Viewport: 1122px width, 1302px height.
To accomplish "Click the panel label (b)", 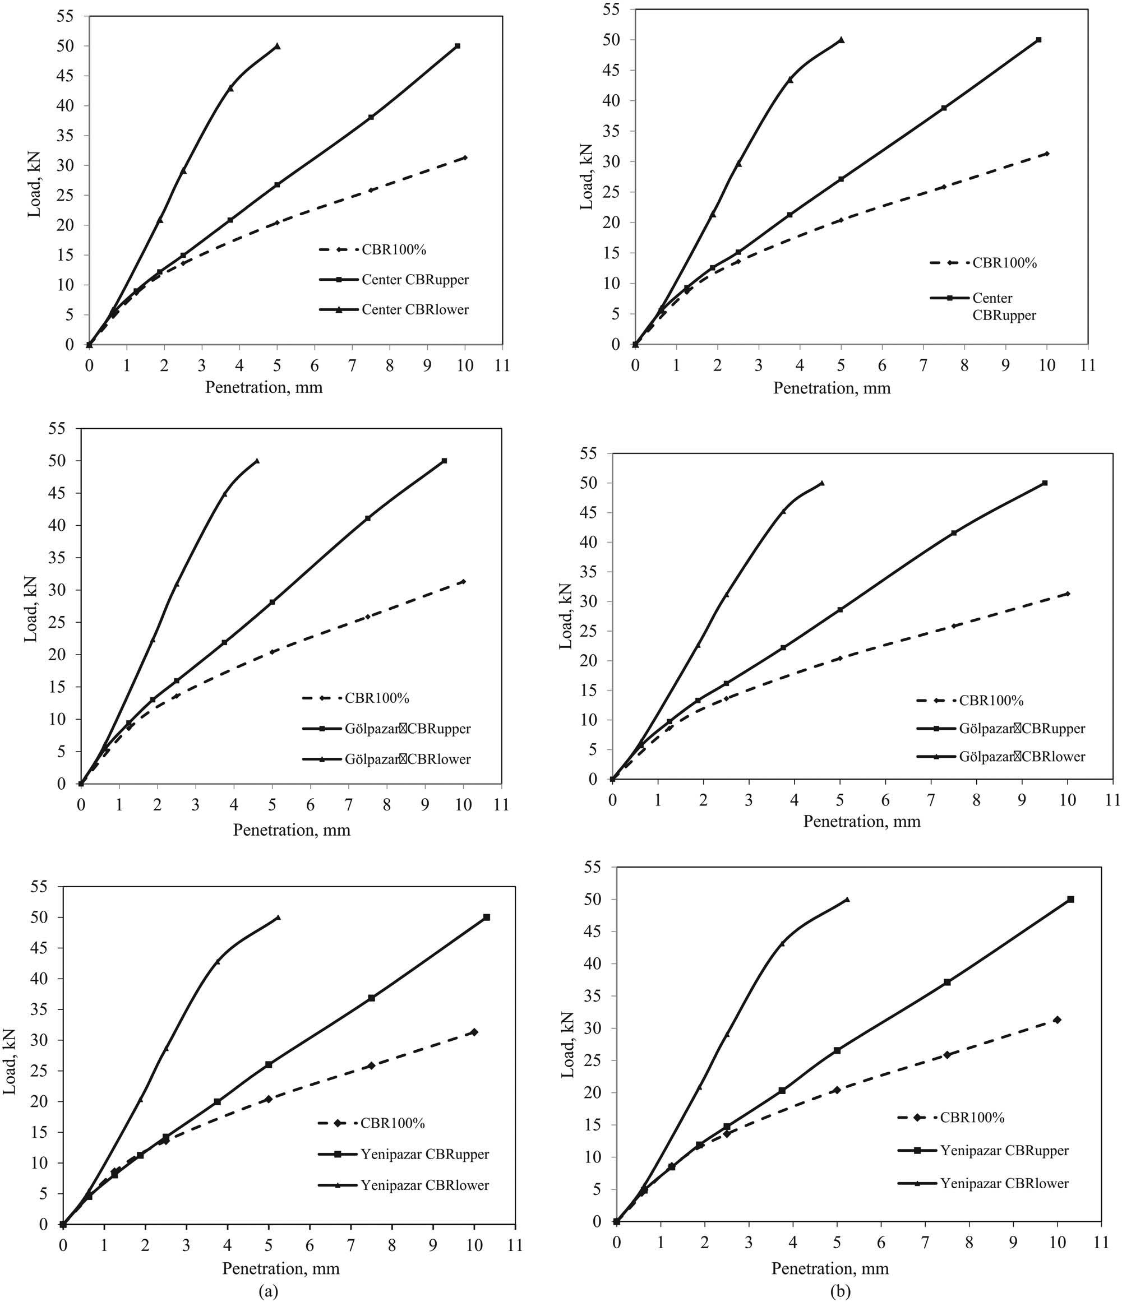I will (x=841, y=1291).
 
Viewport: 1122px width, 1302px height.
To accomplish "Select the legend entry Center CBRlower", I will (x=415, y=309).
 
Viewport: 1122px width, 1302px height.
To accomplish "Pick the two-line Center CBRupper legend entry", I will (x=1004, y=306).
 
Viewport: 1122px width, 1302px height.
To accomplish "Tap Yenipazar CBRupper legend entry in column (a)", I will (x=424, y=1153).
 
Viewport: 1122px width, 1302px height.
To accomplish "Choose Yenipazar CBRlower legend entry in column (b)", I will (x=1004, y=1183).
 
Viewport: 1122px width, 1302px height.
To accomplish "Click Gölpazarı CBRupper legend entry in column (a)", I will (x=407, y=729).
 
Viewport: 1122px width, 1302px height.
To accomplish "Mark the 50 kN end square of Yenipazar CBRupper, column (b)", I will (x=1070, y=899).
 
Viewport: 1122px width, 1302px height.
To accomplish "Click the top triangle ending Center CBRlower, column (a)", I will (x=277, y=46).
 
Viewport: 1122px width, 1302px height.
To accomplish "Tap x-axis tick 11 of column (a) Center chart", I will (x=502, y=366).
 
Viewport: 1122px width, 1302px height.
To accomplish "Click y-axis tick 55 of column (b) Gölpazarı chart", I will (x=593, y=453).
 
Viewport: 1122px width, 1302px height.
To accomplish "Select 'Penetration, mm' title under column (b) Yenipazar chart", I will (x=830, y=1268).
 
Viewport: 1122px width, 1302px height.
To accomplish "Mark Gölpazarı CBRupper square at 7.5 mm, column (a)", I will (x=368, y=518).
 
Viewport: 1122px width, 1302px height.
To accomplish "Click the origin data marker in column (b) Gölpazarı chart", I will (x=613, y=779).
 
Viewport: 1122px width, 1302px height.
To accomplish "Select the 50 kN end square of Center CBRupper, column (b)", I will (x=1038, y=40).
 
